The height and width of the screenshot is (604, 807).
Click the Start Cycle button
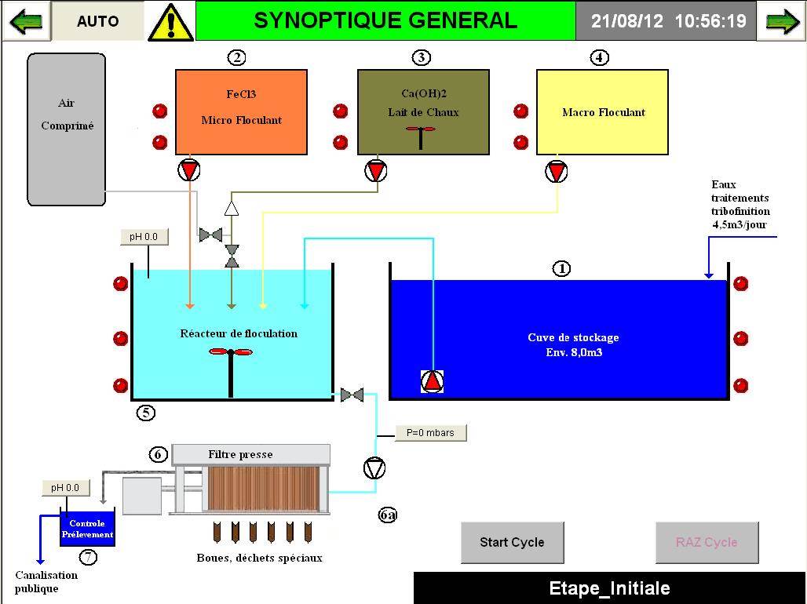pyautogui.click(x=512, y=542)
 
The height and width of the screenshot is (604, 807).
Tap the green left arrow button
pyautogui.click(x=26, y=21)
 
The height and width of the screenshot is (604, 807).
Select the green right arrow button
pyautogui.click(x=782, y=21)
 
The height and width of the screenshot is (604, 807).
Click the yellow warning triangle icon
pyautogui.click(x=170, y=22)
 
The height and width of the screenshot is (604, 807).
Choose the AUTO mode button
pyautogui.click(x=98, y=21)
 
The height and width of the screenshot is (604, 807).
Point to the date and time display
pyautogui.click(x=668, y=21)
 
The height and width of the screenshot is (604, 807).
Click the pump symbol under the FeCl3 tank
pyautogui.click(x=189, y=170)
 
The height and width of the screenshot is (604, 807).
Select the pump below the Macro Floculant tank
pyautogui.click(x=557, y=170)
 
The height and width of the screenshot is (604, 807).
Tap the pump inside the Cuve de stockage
pyautogui.click(x=433, y=381)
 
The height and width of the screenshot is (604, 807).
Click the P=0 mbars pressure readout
pyautogui.click(x=430, y=432)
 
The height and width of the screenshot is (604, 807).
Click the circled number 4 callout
pyautogui.click(x=599, y=57)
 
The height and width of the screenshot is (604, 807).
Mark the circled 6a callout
pyautogui.click(x=388, y=515)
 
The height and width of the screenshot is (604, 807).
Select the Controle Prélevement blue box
pyautogui.click(x=87, y=529)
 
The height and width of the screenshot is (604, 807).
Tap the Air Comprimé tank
pyautogui.click(x=67, y=129)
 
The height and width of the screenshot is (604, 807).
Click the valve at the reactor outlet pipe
pyautogui.click(x=352, y=395)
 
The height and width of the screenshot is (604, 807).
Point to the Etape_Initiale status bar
pyautogui.click(x=609, y=588)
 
